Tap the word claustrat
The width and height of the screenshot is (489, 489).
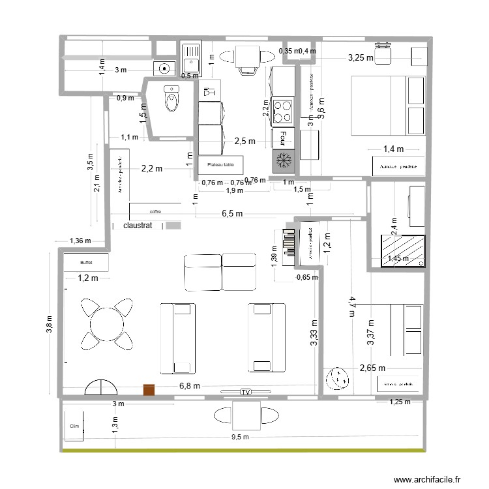click(x=137, y=226)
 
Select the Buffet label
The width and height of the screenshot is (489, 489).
click(x=86, y=263)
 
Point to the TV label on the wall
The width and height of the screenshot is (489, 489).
click(x=245, y=392)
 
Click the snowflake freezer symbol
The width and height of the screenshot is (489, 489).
click(x=284, y=160)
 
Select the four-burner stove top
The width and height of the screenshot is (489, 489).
click(x=284, y=110)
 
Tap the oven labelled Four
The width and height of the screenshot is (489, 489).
click(x=283, y=137)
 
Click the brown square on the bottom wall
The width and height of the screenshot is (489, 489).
click(x=149, y=389)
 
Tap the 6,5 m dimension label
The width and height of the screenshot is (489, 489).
click(x=231, y=213)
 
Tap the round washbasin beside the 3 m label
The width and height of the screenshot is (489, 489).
click(x=164, y=67)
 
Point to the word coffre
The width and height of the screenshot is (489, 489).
click(x=155, y=211)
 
